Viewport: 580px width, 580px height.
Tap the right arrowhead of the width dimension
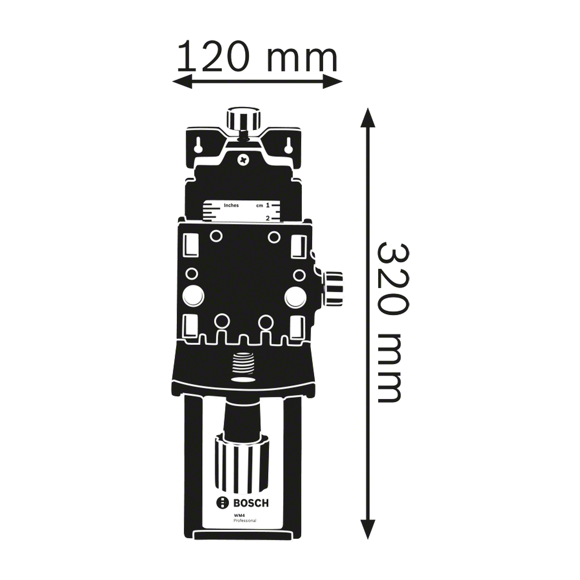click(x=333, y=81)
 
